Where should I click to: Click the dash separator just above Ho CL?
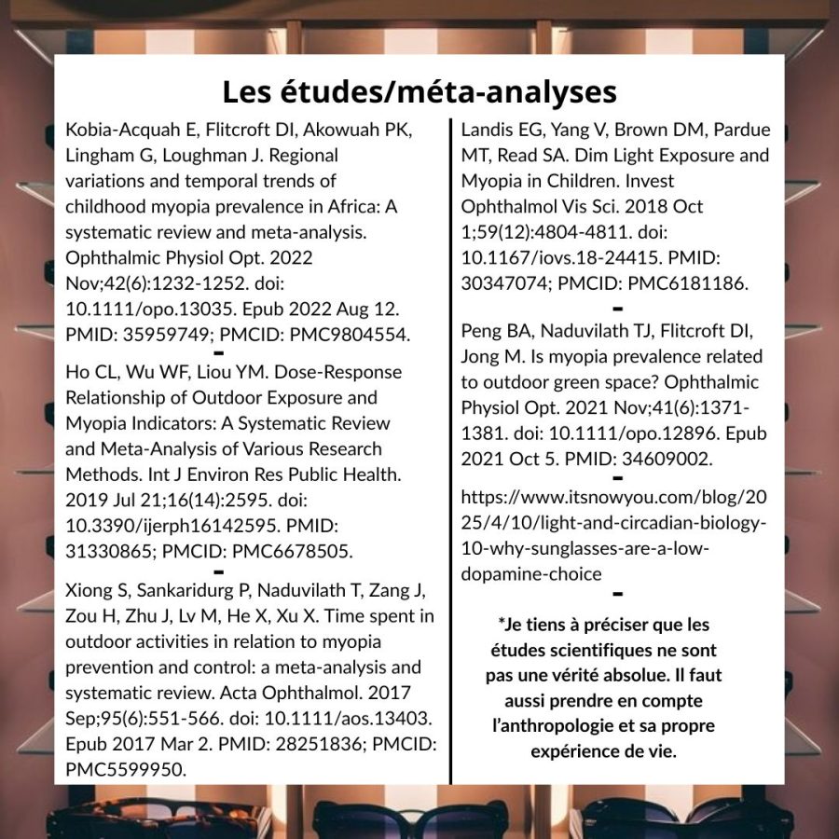217,353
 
